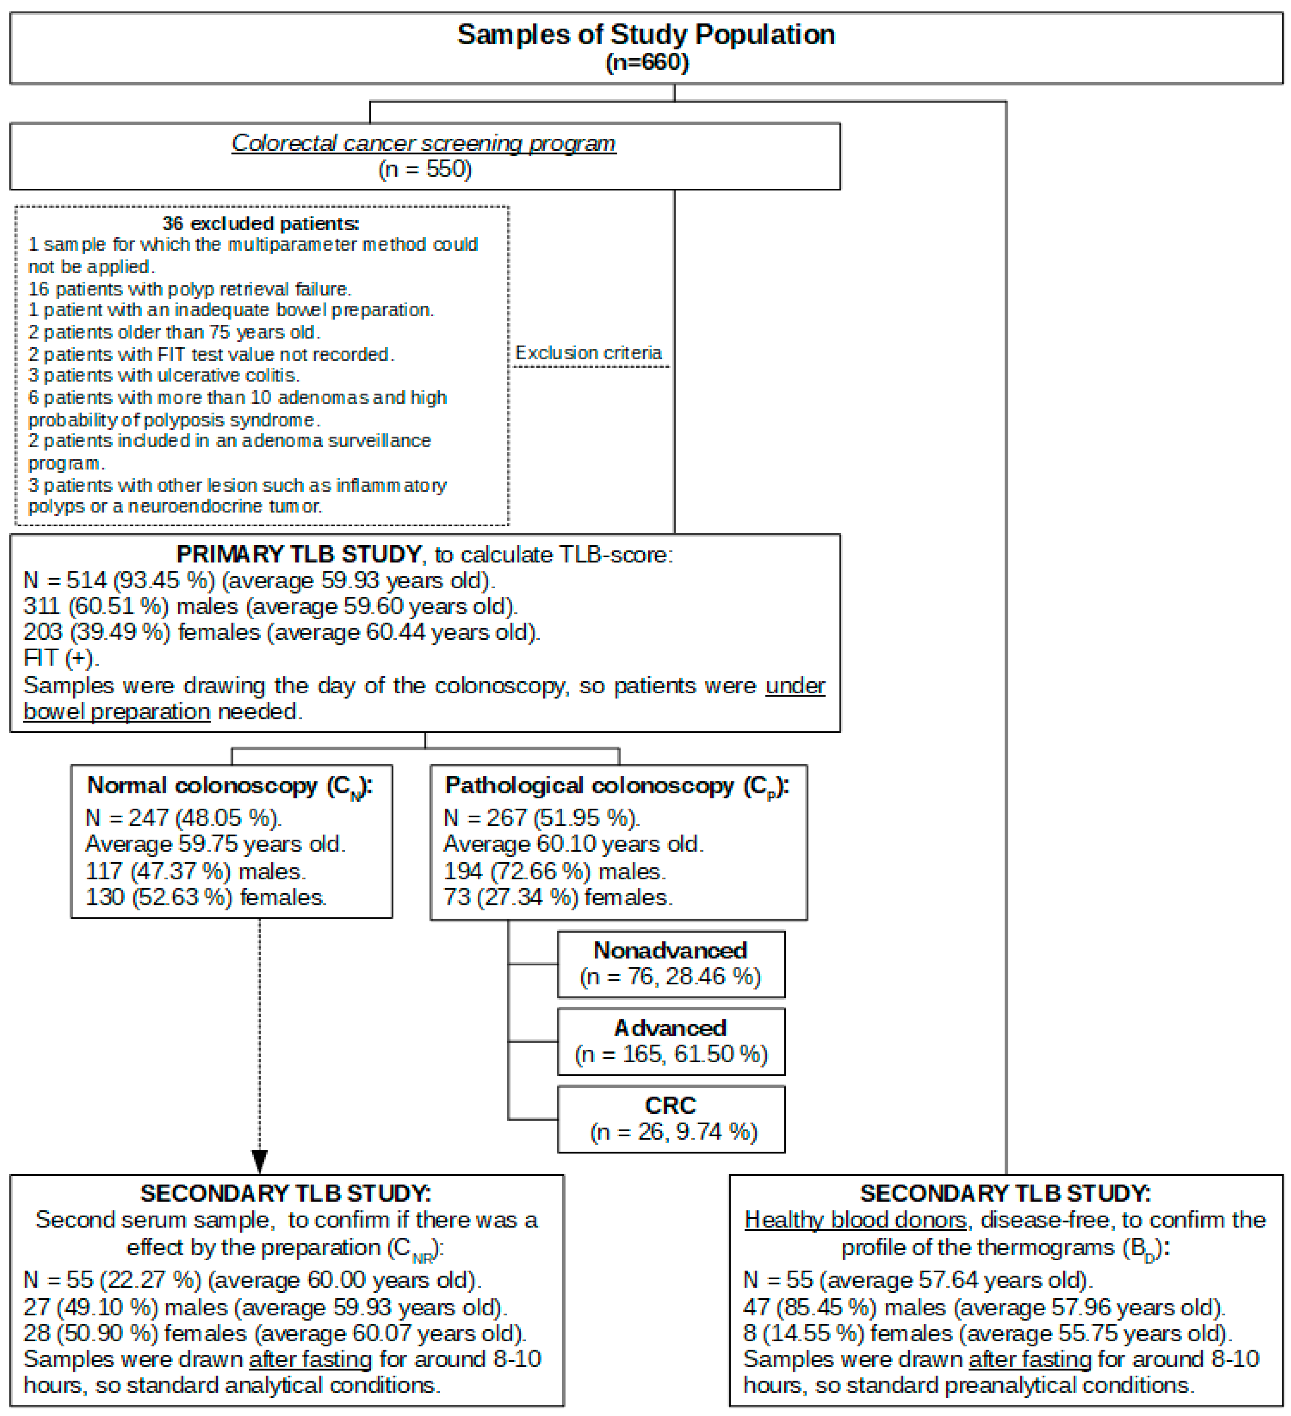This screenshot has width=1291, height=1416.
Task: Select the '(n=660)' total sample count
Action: coord(646,62)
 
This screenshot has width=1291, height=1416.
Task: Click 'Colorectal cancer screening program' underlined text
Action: coord(423,143)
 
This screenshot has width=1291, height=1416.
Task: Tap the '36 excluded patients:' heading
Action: coord(261,223)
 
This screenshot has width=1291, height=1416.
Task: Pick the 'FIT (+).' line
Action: coord(61,658)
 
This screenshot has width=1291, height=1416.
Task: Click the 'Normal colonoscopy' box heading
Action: coord(229,786)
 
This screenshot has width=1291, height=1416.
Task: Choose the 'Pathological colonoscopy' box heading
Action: coord(617,786)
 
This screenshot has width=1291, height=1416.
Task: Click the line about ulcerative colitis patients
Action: coord(164,375)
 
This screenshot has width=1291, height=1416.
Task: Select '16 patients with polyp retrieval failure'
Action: coord(189,289)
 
